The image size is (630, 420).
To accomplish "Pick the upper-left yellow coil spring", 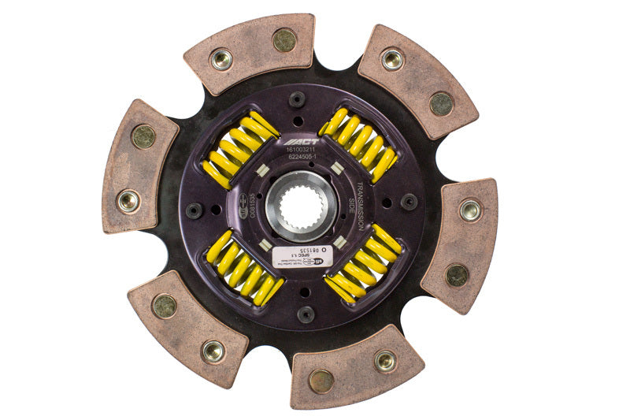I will (240, 150).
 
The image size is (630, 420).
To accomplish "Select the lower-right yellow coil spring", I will (363, 264).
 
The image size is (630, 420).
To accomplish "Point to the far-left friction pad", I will (139, 166).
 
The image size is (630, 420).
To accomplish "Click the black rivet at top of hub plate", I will (297, 99).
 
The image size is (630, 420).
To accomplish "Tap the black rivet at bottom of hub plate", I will (306, 314).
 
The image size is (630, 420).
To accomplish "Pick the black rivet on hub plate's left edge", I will (194, 211).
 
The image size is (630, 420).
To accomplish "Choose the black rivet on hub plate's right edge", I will (409, 201).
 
